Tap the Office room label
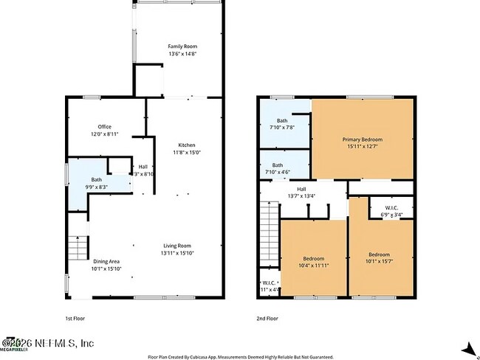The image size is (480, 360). point(104,126)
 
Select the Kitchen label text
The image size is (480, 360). point(186,145)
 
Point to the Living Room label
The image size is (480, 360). point(177,246)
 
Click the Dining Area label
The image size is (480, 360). point(106,261)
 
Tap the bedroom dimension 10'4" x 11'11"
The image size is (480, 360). point(313,265)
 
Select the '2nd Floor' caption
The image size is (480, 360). point(267,318)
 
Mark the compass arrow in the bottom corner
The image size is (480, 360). point(467,349)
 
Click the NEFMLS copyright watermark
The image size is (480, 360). point(47,343)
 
